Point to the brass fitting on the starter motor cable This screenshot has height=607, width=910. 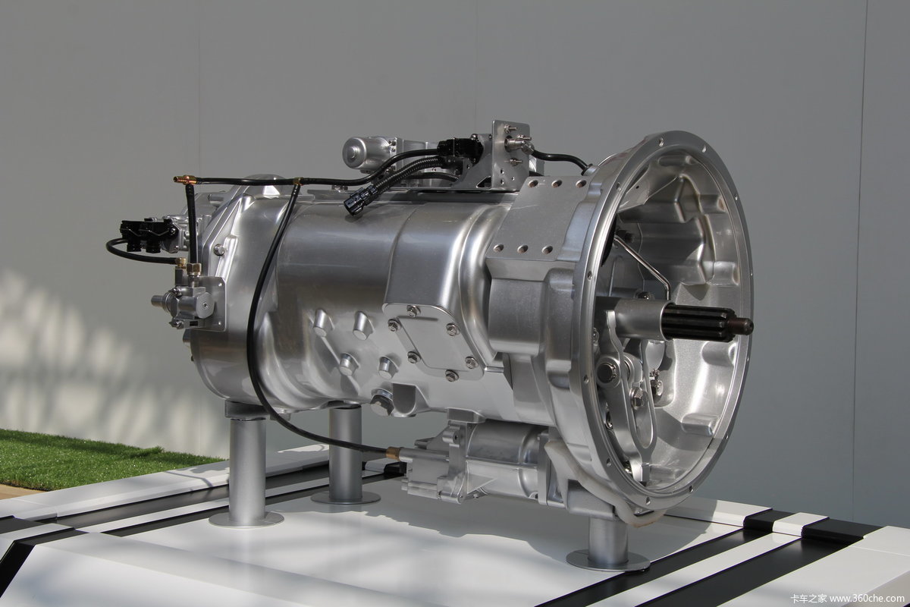tap(394, 452)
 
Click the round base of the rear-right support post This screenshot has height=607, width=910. tap(607, 561)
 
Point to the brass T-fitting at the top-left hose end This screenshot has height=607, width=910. tap(184, 179)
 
